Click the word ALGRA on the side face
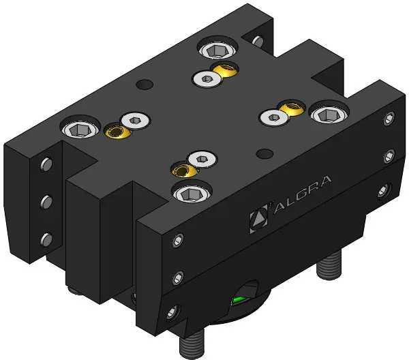(302, 195)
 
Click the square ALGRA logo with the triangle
(259, 219)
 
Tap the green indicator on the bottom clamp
(239, 300)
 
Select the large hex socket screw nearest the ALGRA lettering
(192, 193)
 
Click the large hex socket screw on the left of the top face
(80, 128)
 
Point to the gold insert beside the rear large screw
(226, 70)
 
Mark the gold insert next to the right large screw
(292, 108)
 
